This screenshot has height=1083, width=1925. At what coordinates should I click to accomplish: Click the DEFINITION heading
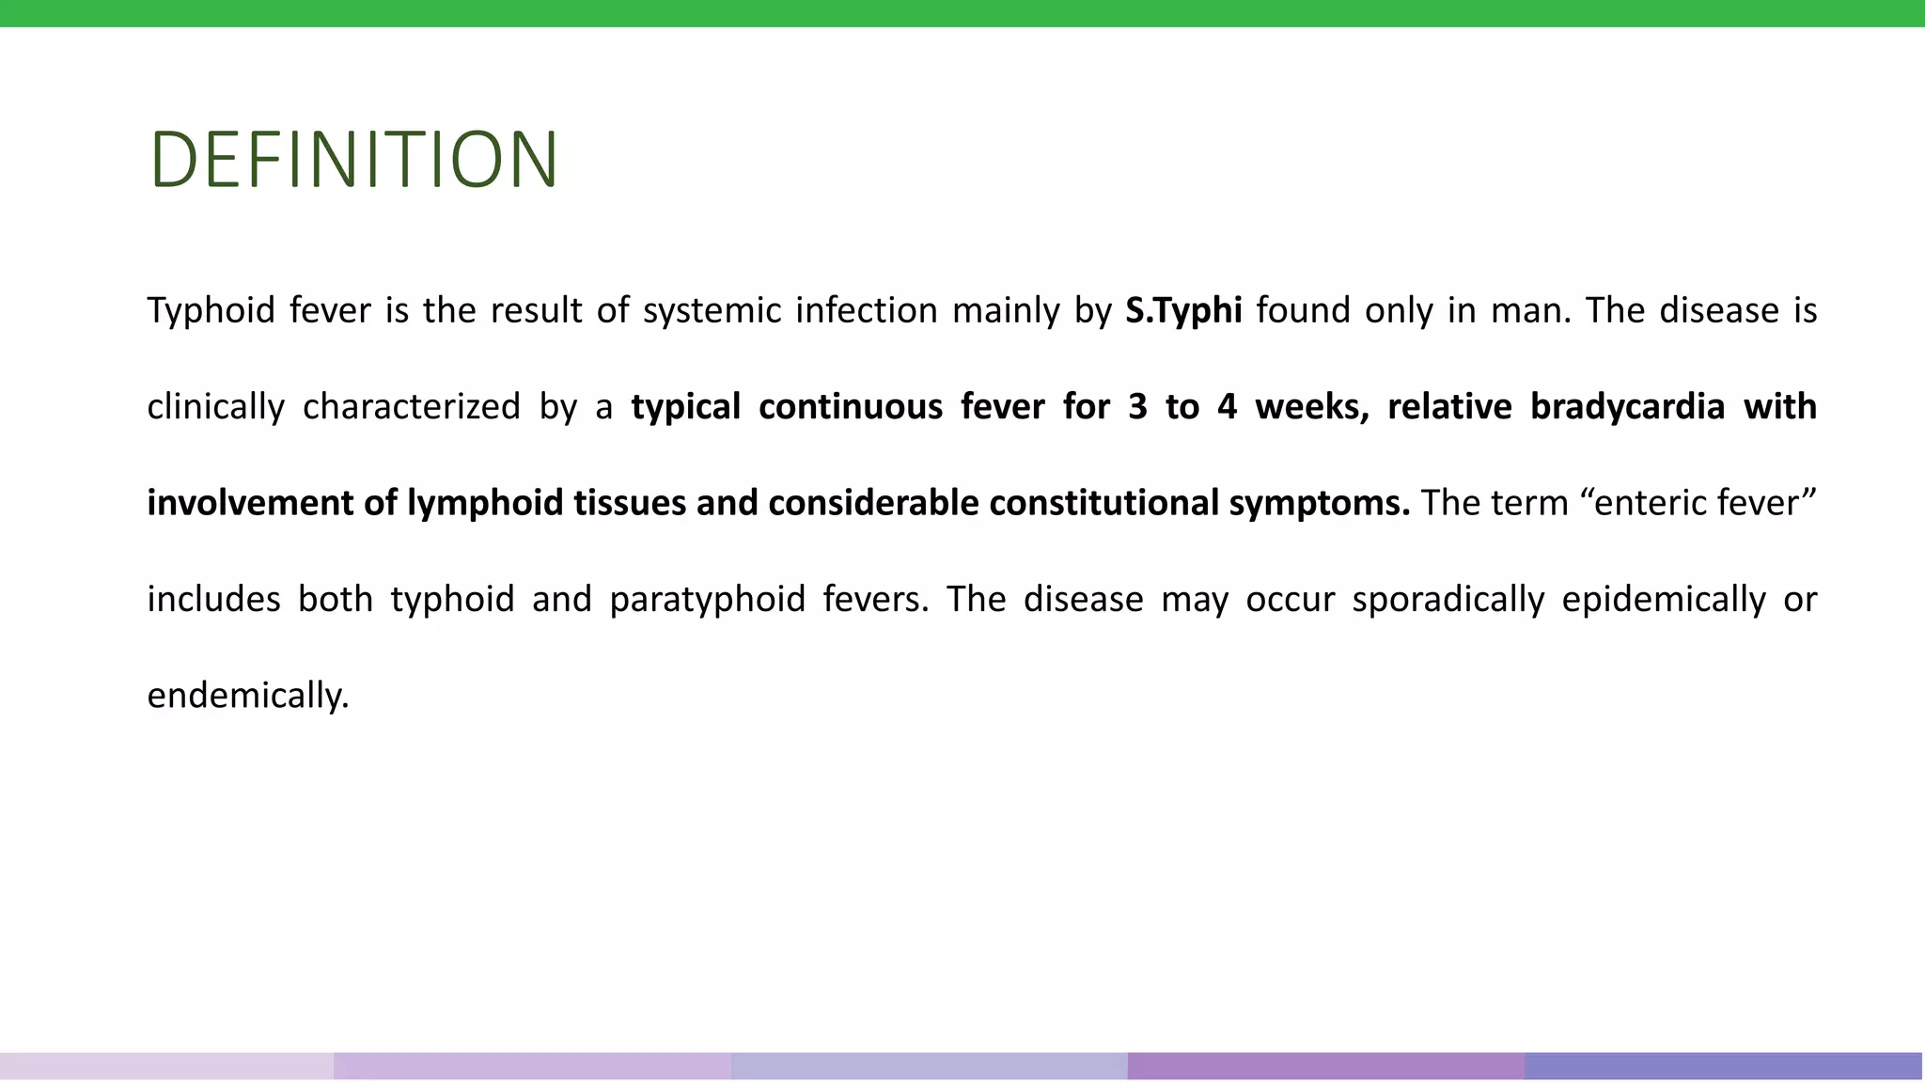pos(354,160)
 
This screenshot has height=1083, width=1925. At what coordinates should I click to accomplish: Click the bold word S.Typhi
pos(1183,310)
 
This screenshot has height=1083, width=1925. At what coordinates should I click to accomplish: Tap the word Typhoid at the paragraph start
pos(211,310)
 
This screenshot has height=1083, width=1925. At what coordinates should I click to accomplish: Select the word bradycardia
pos(1627,407)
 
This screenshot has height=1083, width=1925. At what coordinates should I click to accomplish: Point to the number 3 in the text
pos(1137,407)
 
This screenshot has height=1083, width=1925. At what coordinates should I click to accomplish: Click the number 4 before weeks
pos(1227,407)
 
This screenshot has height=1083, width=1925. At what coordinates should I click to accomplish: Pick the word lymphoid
pos(485,503)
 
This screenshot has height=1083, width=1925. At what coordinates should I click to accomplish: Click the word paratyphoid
pos(708,600)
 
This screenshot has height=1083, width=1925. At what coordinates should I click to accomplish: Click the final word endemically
pos(248,696)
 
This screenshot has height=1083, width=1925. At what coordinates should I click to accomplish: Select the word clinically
pos(216,407)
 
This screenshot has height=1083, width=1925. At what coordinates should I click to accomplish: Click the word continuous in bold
pos(851,407)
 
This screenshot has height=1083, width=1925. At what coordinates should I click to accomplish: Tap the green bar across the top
pos(962,13)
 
